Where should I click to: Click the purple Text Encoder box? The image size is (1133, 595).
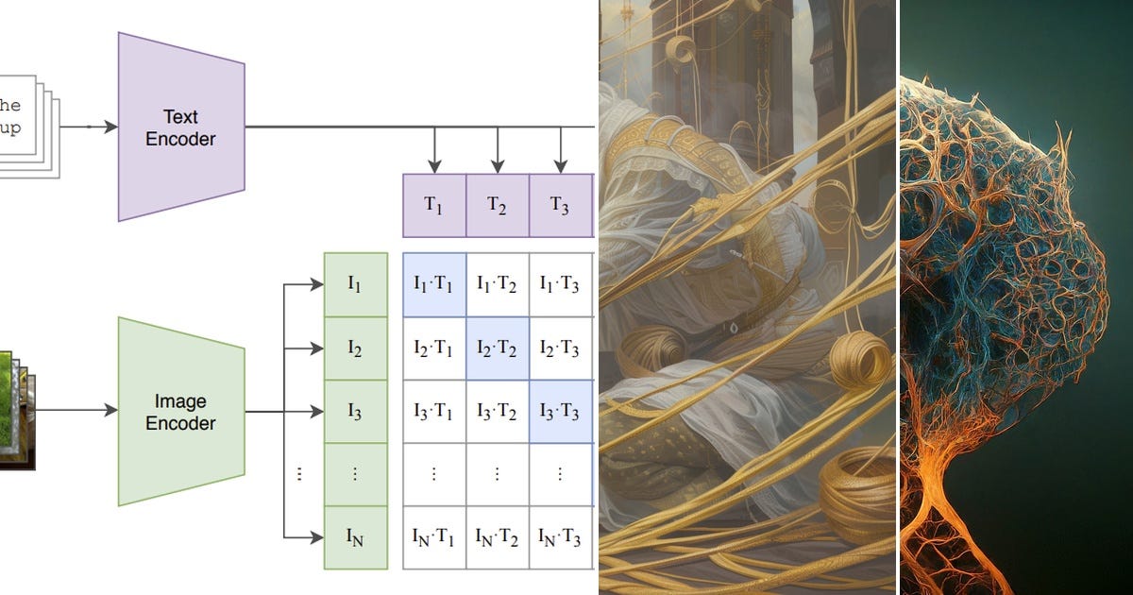(x=181, y=127)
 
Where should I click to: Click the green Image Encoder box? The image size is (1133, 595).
(x=181, y=412)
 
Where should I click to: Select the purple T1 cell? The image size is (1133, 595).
(x=434, y=206)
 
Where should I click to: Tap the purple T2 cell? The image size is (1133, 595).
(x=498, y=206)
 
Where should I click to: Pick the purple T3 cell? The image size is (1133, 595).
(x=561, y=206)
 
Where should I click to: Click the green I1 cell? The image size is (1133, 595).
(x=356, y=285)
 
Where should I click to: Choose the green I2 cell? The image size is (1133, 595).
(x=356, y=348)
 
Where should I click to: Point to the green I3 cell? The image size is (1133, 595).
(x=356, y=412)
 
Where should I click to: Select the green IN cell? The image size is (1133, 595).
(x=356, y=537)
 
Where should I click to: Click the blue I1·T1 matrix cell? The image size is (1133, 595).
(x=434, y=285)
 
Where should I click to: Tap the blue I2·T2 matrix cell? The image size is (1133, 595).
(x=498, y=348)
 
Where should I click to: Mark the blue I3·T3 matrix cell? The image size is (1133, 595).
(x=561, y=412)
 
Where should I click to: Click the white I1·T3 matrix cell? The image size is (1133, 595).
(x=561, y=285)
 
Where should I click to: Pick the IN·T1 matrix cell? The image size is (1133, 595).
(x=434, y=537)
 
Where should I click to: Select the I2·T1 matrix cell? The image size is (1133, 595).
(x=434, y=348)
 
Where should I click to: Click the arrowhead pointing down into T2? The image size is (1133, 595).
(x=498, y=166)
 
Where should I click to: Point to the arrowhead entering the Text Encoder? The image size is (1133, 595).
(x=110, y=127)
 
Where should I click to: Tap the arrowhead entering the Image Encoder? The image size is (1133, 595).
(x=110, y=410)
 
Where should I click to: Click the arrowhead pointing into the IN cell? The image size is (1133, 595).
(x=316, y=537)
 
